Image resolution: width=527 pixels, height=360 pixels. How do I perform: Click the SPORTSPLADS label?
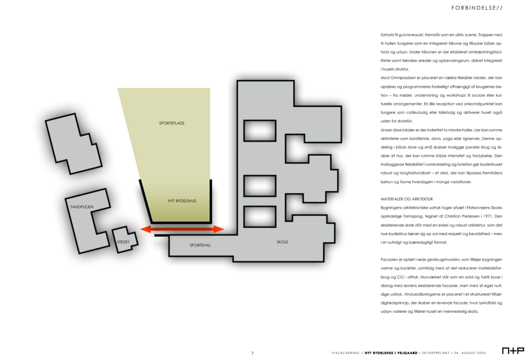click(172, 123)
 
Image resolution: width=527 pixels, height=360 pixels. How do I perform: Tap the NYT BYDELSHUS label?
click(182, 201)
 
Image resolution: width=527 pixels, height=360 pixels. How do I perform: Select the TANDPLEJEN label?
click(82, 207)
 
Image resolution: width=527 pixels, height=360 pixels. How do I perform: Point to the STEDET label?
click(123, 242)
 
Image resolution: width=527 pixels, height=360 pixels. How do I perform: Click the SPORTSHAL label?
click(200, 245)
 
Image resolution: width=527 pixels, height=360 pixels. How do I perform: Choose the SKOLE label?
click(283, 242)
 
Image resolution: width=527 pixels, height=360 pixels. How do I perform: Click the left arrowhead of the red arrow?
click(145, 229)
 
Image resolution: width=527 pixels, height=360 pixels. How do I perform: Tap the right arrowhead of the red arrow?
click(219, 229)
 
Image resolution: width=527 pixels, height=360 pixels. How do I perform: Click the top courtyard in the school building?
click(260, 131)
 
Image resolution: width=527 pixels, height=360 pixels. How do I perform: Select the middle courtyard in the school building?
click(260, 186)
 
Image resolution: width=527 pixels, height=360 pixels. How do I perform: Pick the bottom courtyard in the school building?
click(260, 217)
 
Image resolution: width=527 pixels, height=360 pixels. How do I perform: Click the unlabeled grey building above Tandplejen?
click(74, 143)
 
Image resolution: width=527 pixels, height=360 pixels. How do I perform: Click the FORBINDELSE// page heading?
click(477, 8)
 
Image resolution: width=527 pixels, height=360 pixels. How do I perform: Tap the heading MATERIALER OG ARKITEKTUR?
click(407, 199)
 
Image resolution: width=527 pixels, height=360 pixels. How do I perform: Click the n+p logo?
click(513, 351)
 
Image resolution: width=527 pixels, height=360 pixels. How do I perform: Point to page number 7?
click(252, 353)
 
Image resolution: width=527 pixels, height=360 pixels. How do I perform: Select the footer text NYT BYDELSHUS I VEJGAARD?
click(391, 353)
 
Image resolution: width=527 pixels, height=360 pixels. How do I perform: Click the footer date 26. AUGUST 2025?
click(470, 353)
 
